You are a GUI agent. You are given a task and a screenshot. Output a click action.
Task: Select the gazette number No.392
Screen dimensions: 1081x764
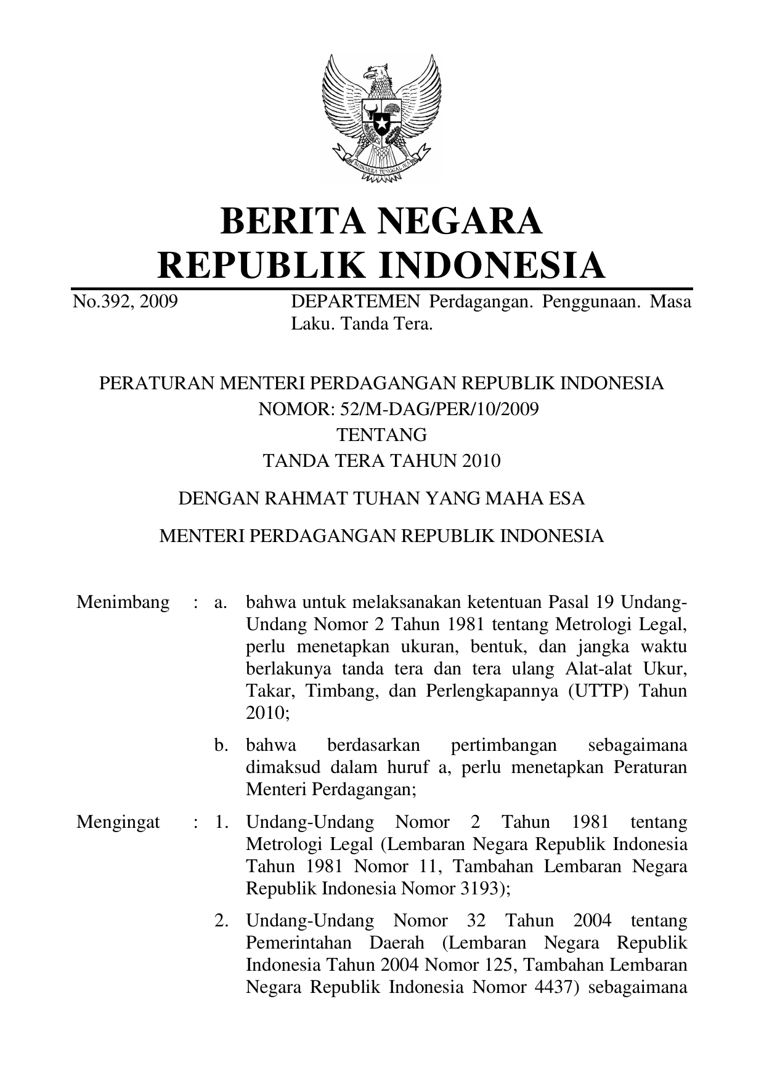coord(101,302)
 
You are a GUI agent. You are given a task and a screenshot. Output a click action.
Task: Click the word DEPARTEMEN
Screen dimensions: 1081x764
coord(356,302)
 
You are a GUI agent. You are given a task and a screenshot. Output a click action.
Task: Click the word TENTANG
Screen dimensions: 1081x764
coord(381,435)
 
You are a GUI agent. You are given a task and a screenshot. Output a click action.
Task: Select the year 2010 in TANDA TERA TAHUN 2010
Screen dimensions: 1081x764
coord(482,461)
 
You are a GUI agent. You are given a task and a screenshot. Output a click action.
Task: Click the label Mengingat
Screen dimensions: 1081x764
coord(118,822)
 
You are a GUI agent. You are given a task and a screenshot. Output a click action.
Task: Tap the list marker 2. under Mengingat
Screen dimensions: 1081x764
coord(222,921)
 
